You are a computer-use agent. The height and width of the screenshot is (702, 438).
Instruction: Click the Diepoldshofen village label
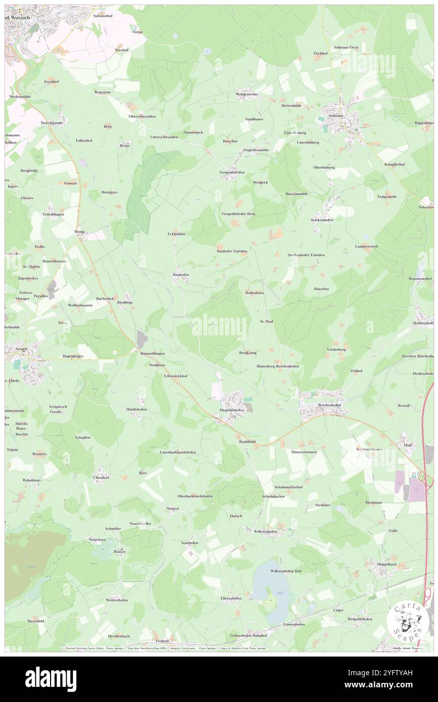pos(232,410)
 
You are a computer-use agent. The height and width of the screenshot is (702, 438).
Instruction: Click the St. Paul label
pos(267,321)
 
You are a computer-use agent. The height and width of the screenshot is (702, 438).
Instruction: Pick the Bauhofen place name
pos(181,274)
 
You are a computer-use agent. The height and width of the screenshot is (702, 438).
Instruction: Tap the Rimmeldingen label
pos(152,353)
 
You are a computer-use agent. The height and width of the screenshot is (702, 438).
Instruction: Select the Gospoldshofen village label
pos(231,172)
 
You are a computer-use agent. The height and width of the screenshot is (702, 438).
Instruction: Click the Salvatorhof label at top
pos(103,16)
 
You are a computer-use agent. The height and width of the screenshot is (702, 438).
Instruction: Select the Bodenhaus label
pos(254,292)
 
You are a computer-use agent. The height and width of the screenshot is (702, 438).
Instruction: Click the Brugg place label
pos(82,233)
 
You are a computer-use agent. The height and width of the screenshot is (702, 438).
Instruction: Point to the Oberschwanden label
pos(142,116)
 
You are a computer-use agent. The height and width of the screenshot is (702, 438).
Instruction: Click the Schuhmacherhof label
pos(288,487)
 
